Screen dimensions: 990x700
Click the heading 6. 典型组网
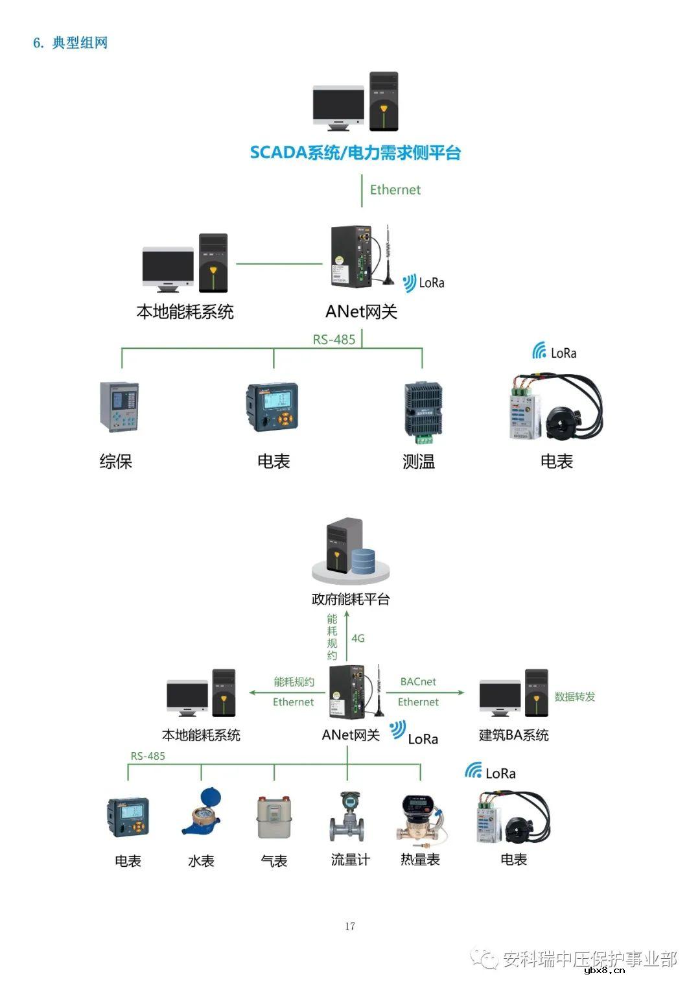coord(70,43)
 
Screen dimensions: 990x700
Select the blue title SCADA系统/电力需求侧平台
coord(355,153)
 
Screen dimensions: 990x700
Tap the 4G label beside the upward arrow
coord(358,638)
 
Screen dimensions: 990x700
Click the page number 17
coord(350,926)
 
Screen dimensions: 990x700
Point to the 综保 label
coord(116,461)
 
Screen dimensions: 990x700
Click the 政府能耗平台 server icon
coord(351,550)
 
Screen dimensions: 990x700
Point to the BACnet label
coord(418,681)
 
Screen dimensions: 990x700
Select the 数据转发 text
coord(574,696)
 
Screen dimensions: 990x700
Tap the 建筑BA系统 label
coord(513,735)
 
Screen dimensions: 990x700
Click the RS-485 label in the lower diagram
coord(148,756)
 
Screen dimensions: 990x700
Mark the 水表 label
coord(201,860)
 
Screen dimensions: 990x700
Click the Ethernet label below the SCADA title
coord(395,189)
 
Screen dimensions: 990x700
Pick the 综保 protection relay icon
coord(119,407)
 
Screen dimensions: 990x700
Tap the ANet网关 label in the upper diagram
coord(361,311)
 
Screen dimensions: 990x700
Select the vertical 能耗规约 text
coord(332,637)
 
